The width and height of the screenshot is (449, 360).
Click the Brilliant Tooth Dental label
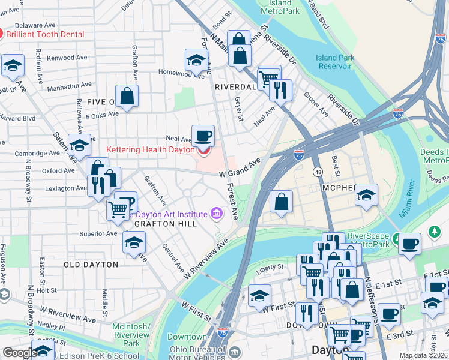tap(45, 35)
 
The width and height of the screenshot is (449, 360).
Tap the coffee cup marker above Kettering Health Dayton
tap(203, 136)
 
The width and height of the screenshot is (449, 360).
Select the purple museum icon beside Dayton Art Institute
tap(216, 214)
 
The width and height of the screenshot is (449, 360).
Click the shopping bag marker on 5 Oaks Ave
tap(127, 95)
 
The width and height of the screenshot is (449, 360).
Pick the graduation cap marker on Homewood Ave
tap(196, 60)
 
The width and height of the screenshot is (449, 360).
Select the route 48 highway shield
tap(317, 172)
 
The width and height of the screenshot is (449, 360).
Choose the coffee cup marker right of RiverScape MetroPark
tap(409, 244)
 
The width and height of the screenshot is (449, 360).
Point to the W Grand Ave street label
tap(240, 169)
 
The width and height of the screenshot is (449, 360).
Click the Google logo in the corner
tap(20, 353)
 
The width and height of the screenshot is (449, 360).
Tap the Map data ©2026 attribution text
tap(423, 355)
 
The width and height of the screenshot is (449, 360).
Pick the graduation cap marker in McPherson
tap(366, 195)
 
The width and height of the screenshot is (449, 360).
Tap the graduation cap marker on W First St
tap(259, 296)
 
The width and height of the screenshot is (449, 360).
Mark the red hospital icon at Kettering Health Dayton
tap(203, 151)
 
